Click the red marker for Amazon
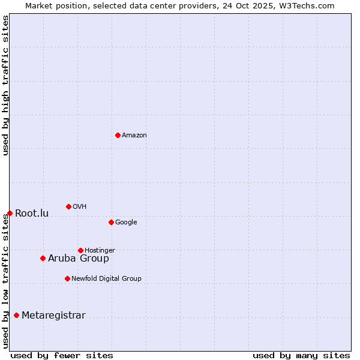pyautogui.click(x=118, y=135)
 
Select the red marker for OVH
pyautogui.click(x=68, y=206)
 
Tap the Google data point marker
pyautogui.click(x=111, y=222)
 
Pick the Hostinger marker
pyautogui.click(x=80, y=250)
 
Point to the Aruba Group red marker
pyautogui.click(x=43, y=258)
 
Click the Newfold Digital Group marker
pyautogui.click(x=67, y=278)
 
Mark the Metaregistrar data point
pyautogui.click(x=16, y=315)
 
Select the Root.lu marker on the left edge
pyautogui.click(x=10, y=213)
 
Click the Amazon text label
pyautogui.click(x=134, y=136)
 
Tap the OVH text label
pyautogui.click(x=80, y=207)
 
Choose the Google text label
pyautogui.click(x=126, y=223)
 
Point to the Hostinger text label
pyautogui.click(x=100, y=251)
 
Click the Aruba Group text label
pyautogui.click(x=79, y=259)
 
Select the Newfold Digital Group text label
pyautogui.click(x=106, y=279)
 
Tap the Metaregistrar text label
pyautogui.click(x=53, y=316)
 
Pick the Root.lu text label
pyautogui.click(x=32, y=214)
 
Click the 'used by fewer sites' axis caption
pyautogui.click(x=62, y=355)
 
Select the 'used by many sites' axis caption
pyautogui.click(x=301, y=355)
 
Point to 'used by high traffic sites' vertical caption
pyautogui.click(x=5, y=86)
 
